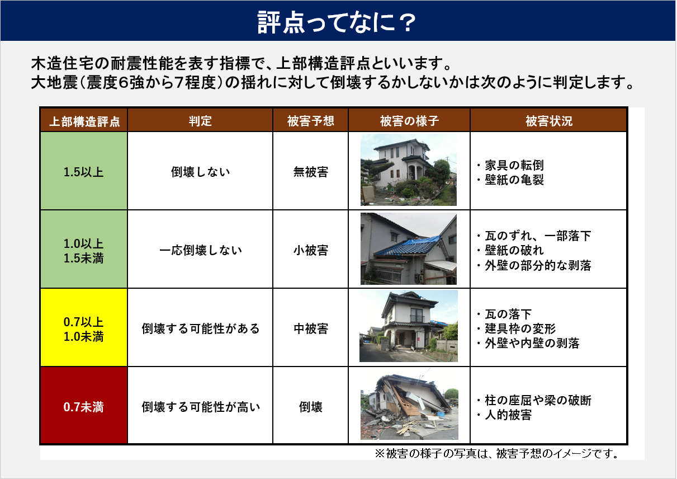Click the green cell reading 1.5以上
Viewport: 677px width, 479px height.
click(x=84, y=172)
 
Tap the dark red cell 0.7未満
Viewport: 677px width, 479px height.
click(x=84, y=407)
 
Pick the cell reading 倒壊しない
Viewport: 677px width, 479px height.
click(x=200, y=172)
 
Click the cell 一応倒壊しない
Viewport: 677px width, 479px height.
click(x=200, y=250)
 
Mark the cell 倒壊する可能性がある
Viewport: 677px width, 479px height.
click(x=200, y=328)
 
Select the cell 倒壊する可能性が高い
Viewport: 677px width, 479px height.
click(x=200, y=407)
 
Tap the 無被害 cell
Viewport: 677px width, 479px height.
click(x=310, y=172)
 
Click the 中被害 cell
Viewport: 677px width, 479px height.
click(x=310, y=328)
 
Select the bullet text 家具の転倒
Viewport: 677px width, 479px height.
click(x=513, y=166)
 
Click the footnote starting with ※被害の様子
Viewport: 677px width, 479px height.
click(x=496, y=453)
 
